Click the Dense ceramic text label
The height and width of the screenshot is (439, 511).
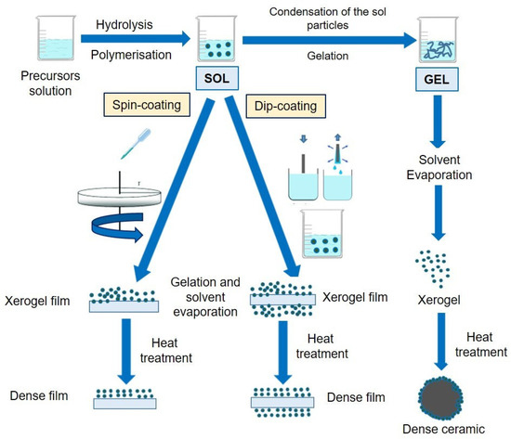(x=457, y=430)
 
